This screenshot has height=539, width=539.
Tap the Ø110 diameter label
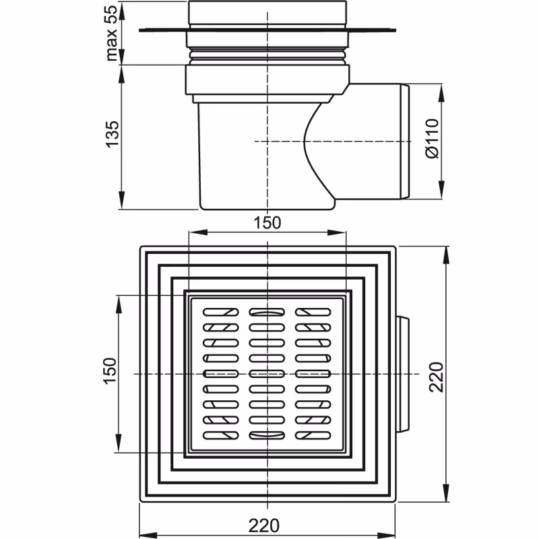coord(432,139)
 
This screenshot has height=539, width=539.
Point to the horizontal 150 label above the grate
coord(267,223)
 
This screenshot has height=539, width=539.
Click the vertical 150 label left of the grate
coord(110,373)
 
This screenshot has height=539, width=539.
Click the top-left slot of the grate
coord(222,313)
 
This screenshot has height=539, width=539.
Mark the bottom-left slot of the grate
coord(222,435)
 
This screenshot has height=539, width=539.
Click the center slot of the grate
coord(267,373)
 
